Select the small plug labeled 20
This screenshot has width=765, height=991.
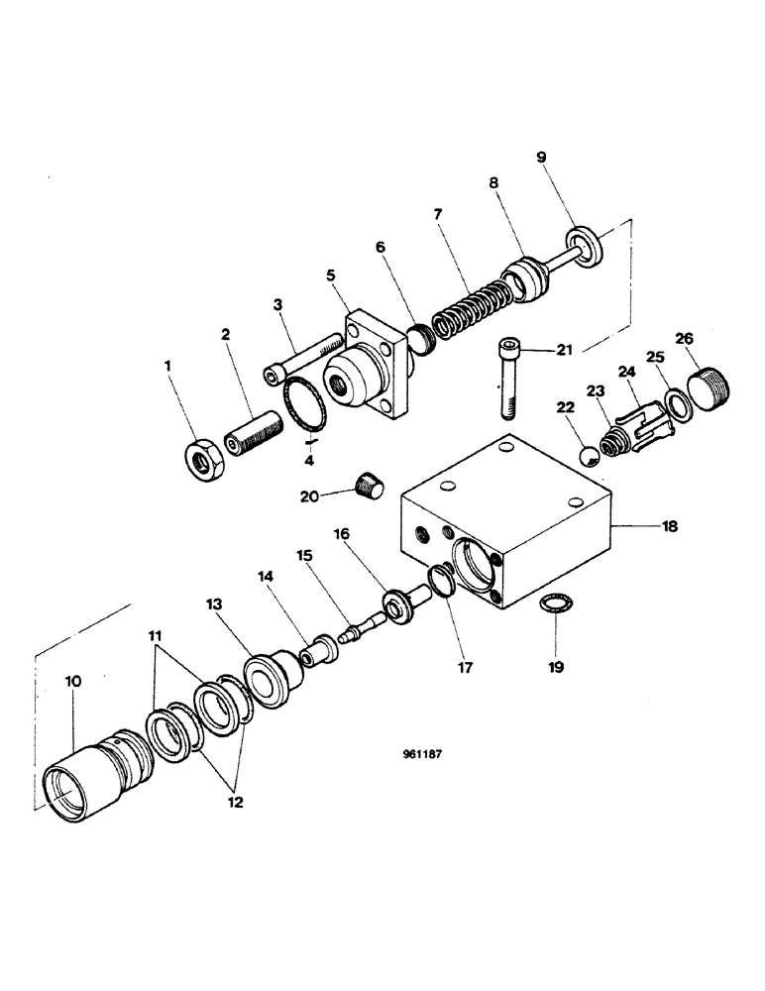(x=368, y=487)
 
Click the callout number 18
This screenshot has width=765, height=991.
(x=672, y=528)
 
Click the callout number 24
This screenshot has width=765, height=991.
(x=624, y=373)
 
